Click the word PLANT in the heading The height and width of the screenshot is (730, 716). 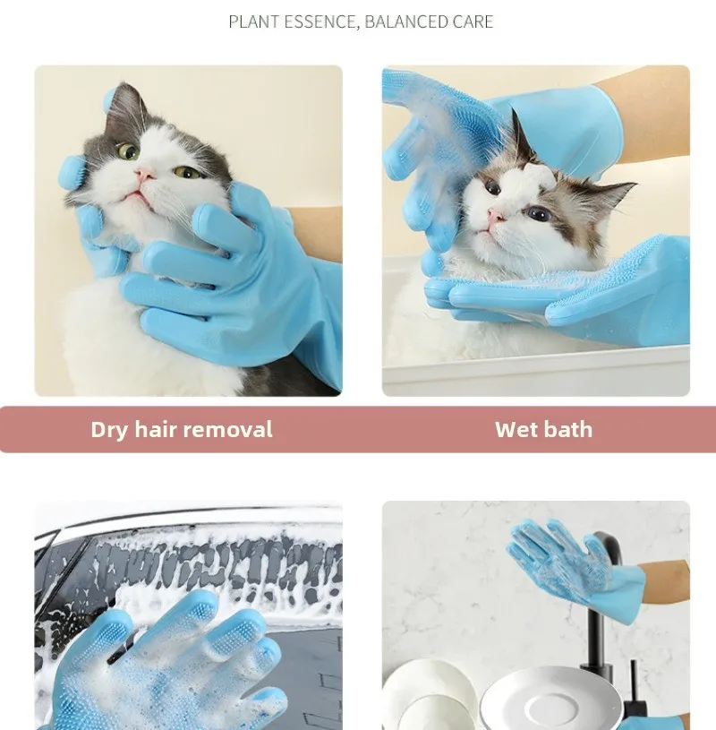pos(253,21)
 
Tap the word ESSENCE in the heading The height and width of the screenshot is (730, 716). pos(321,21)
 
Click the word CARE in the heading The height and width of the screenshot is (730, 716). pos(473,21)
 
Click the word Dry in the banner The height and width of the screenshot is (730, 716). pos(109,430)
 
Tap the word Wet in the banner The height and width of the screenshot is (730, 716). pos(516,429)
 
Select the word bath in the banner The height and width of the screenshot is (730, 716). pos(568,429)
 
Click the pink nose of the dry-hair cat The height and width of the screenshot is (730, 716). pos(145,174)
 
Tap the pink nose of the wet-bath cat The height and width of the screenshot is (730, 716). pos(496,215)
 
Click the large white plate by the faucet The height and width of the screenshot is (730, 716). pos(551,700)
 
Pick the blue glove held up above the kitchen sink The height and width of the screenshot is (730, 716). pos(575,568)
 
